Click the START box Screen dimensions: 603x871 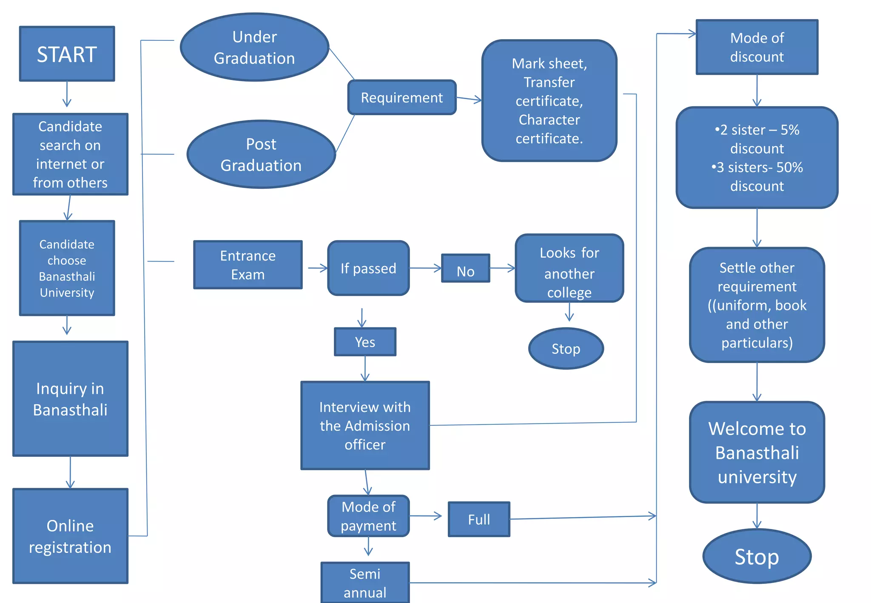click(x=67, y=54)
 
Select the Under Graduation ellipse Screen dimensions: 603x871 click(x=254, y=47)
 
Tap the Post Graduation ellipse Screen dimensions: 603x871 click(x=261, y=154)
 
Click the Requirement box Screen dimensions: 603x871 click(x=401, y=97)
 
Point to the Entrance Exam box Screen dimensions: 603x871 click(x=248, y=265)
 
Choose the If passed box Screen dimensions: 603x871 click(x=368, y=268)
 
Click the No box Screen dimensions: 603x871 click(x=465, y=269)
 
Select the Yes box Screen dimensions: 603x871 click(x=365, y=342)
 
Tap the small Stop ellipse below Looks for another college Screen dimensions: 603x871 click(x=566, y=349)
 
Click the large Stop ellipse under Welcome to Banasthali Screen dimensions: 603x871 click(x=757, y=556)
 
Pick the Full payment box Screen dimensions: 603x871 click(x=479, y=519)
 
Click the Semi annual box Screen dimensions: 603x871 click(x=365, y=583)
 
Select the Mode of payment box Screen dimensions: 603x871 click(x=368, y=516)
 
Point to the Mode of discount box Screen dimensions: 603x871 click(x=757, y=47)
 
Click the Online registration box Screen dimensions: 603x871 click(x=70, y=536)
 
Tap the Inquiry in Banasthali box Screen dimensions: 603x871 click(x=70, y=399)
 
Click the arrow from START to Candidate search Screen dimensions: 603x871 click(x=67, y=94)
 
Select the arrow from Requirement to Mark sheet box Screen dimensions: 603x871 click(x=469, y=99)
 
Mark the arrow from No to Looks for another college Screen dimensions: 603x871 click(x=502, y=268)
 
